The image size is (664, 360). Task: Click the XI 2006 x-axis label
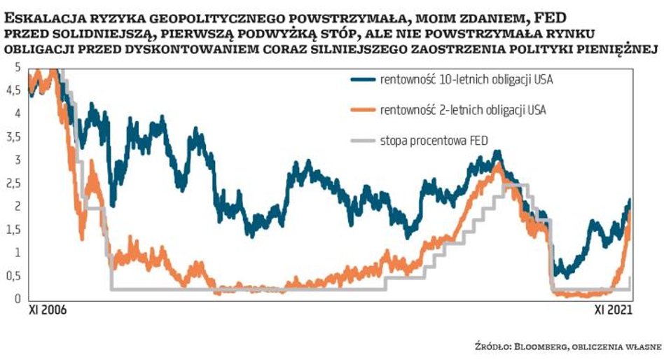(x=47, y=309)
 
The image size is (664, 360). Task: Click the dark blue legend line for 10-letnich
(x=362, y=79)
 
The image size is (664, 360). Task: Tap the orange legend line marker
(x=362, y=110)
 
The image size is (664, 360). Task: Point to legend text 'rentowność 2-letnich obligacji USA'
(x=463, y=110)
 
